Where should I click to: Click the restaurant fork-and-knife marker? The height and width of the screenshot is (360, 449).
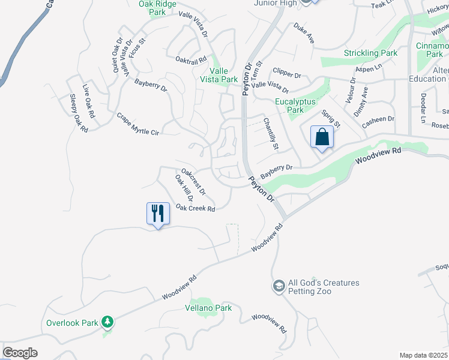(157, 214)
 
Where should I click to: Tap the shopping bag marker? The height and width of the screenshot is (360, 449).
(322, 137)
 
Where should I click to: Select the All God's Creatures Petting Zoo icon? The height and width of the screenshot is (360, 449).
(279, 287)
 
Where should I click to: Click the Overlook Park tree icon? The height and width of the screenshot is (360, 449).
(107, 323)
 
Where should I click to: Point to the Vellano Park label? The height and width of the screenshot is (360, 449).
(208, 308)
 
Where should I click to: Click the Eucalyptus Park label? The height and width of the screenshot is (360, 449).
(295, 106)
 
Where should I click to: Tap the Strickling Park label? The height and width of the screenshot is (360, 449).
(370, 53)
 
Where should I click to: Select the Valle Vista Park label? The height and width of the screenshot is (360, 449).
(219, 75)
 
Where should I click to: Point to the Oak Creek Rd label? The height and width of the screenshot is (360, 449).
(196, 208)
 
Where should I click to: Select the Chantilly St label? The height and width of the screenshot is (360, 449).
(271, 134)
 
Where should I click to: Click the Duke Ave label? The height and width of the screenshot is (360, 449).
(304, 34)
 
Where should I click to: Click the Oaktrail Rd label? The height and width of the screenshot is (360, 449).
(191, 59)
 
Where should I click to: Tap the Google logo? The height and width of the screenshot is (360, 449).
(20, 353)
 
